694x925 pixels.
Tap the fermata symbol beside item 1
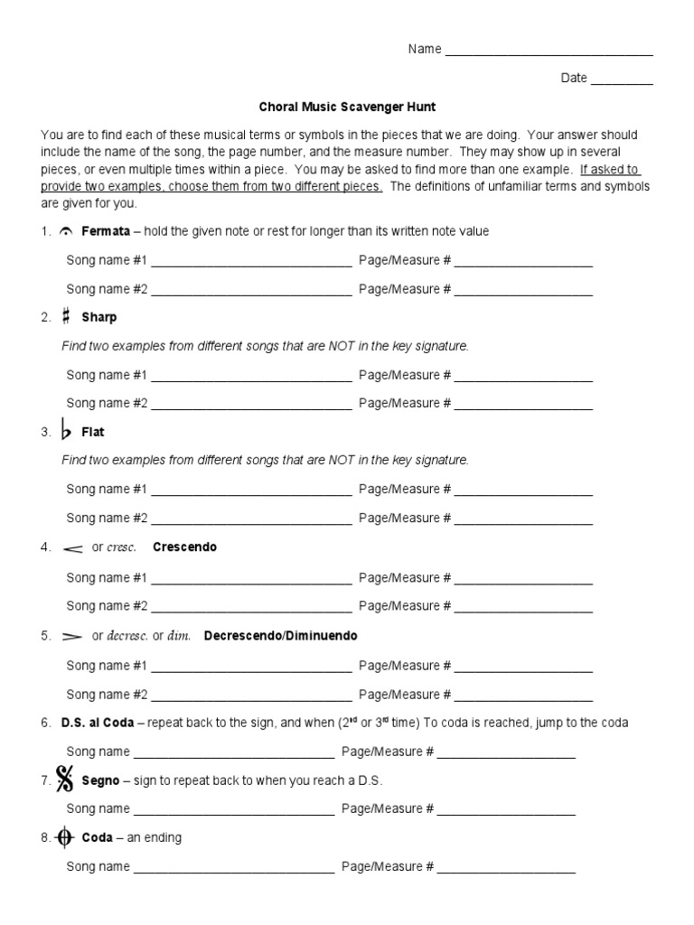click(66, 232)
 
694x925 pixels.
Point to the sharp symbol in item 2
click(66, 317)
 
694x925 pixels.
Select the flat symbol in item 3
click(66, 431)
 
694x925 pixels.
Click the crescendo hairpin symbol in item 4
click(73, 548)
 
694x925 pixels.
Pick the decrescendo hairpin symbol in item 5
click(72, 636)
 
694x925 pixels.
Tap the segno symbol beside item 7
click(64, 779)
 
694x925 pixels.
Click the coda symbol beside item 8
click(65, 838)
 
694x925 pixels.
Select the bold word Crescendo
click(185, 547)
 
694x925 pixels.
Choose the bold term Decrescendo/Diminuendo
click(281, 636)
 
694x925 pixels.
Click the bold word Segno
click(101, 780)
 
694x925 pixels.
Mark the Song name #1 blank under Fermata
click(251, 264)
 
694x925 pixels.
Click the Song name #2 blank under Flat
click(251, 521)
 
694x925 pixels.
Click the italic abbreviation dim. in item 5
click(180, 636)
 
